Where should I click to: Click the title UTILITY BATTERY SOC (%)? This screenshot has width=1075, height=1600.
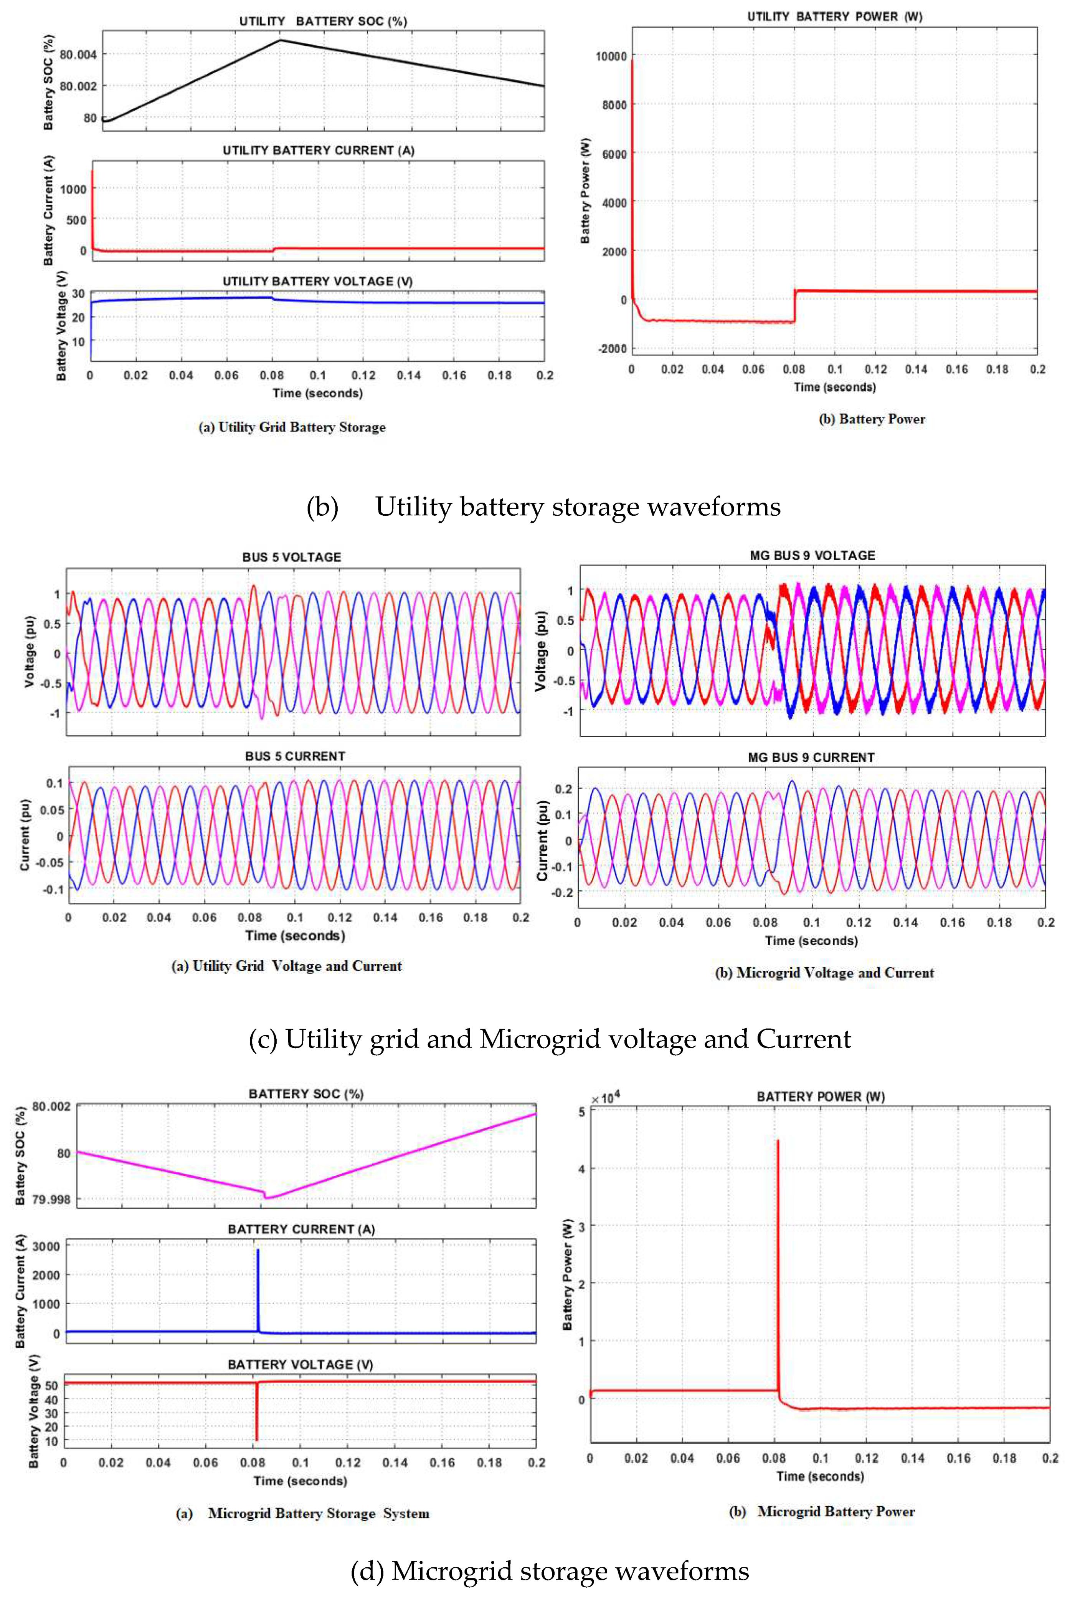pyautogui.click(x=323, y=21)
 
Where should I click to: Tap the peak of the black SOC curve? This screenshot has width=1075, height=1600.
pyautogui.click(x=280, y=40)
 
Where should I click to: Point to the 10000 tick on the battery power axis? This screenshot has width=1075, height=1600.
pyautogui.click(x=611, y=56)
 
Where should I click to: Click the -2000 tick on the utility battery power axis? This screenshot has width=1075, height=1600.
pyautogui.click(x=612, y=348)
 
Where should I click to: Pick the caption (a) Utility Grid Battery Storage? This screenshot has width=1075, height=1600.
pyautogui.click(x=292, y=427)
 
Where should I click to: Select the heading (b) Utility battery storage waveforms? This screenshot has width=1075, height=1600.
pyautogui.click(x=543, y=507)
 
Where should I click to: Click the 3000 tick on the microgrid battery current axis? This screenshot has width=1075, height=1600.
pyautogui.click(x=46, y=1246)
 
